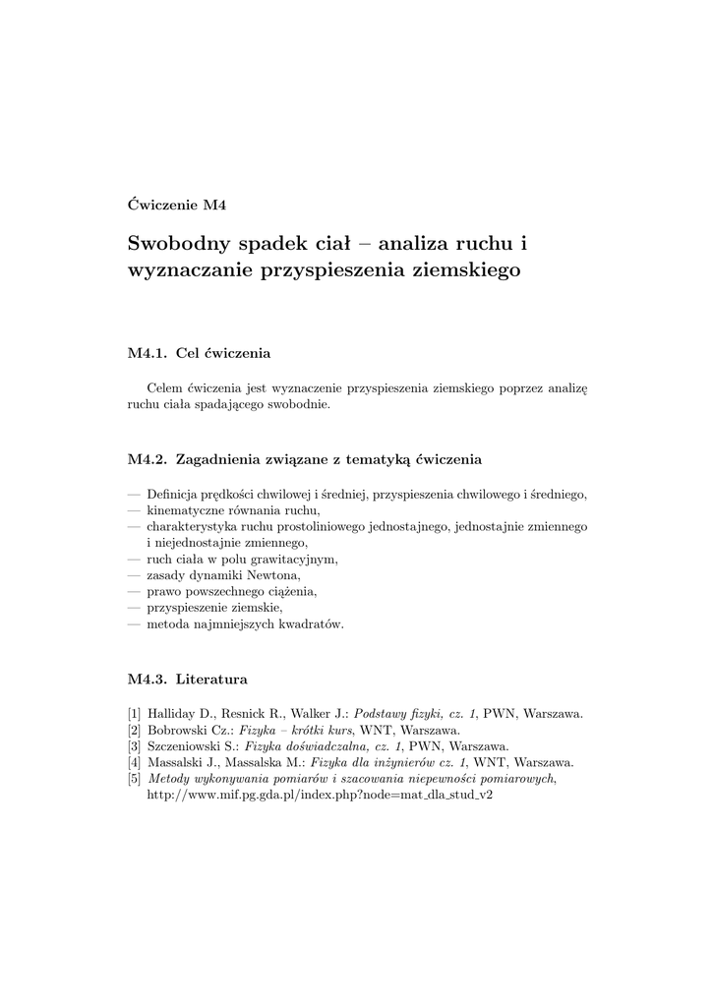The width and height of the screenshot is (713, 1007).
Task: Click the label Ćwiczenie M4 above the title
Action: [177, 205]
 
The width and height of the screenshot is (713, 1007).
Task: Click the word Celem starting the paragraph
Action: [164, 389]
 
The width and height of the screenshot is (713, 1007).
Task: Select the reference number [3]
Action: [135, 745]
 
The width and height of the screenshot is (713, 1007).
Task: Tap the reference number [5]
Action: [135, 778]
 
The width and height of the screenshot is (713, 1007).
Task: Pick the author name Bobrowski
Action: [178, 730]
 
